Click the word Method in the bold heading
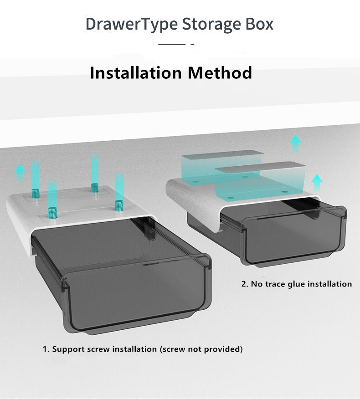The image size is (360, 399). pyautogui.click(x=220, y=72)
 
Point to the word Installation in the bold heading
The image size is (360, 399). pyautogui.click(x=136, y=72)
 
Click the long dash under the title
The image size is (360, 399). pyautogui.click(x=172, y=44)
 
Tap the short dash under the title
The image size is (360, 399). pyautogui.click(x=192, y=44)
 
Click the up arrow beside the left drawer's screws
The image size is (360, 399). pyautogui.click(x=20, y=173)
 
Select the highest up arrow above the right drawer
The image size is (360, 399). pyautogui.click(x=296, y=143)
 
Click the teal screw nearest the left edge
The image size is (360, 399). pyautogui.click(x=36, y=194)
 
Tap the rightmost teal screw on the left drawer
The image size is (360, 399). pyautogui.click(x=119, y=205)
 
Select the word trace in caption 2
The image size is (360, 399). pyautogui.click(x=275, y=284)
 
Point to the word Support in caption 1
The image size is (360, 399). pyautogui.click(x=68, y=349)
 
